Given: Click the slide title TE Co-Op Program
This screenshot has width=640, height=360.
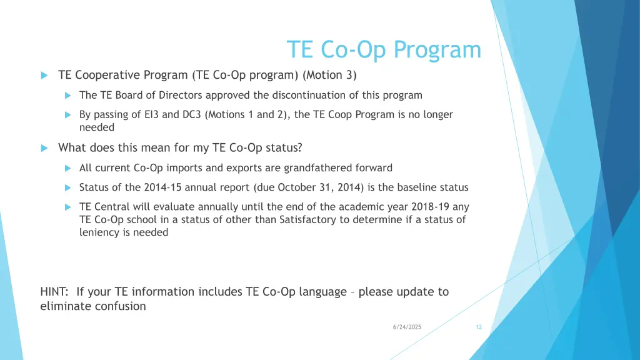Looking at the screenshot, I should [384, 50].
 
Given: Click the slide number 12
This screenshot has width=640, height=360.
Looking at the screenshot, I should [479, 327].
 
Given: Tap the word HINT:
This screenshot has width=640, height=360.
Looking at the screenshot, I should [55, 292].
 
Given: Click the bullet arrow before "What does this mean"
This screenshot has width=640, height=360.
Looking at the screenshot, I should [44, 148].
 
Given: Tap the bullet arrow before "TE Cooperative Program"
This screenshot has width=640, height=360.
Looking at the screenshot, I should [44, 76].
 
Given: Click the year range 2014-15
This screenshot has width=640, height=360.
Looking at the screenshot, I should [161, 187].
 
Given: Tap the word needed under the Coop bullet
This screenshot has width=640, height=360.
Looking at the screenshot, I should [97, 127].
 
